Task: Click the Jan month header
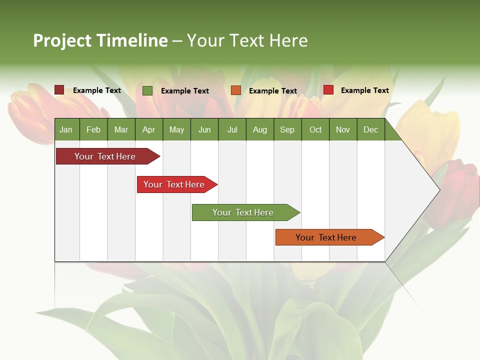[x=66, y=129]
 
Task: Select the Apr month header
[x=148, y=129]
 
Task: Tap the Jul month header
[x=232, y=129]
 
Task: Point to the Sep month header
[x=287, y=129]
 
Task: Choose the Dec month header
[x=370, y=129]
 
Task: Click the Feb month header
[x=93, y=129]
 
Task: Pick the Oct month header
[x=315, y=129]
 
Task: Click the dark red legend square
[x=59, y=90]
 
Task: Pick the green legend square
[x=147, y=90]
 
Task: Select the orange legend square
[x=236, y=90]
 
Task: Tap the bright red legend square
[x=328, y=90]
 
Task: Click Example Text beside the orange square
[x=273, y=91]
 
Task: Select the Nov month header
[x=343, y=129]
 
